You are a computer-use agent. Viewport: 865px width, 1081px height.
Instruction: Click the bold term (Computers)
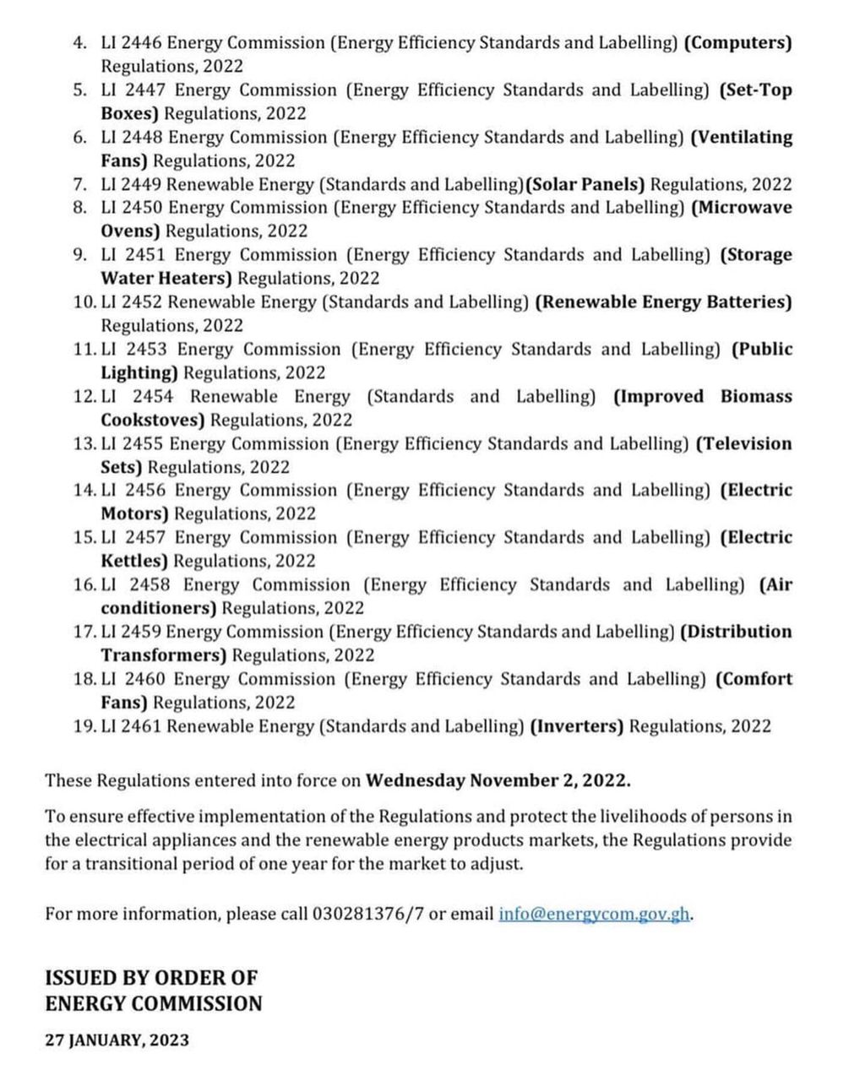(x=737, y=42)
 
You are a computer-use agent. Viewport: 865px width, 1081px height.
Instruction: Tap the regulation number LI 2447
(x=133, y=90)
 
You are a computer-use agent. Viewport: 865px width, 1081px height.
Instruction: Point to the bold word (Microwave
(x=743, y=208)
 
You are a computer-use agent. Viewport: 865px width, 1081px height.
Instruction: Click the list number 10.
(x=85, y=302)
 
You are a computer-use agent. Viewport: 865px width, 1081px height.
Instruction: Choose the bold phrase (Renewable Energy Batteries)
(x=664, y=302)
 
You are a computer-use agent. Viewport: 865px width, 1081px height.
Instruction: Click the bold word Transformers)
(x=164, y=655)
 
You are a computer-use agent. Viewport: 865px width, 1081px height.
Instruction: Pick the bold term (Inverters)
(x=577, y=726)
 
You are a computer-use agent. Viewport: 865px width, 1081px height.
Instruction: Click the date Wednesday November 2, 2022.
(x=498, y=780)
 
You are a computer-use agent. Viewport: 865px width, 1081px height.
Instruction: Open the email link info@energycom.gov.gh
(x=596, y=914)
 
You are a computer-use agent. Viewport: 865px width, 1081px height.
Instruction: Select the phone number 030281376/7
(x=367, y=914)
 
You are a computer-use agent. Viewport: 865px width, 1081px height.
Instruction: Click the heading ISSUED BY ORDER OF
(x=151, y=978)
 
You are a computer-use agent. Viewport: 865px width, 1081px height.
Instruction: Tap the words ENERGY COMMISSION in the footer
(x=154, y=1004)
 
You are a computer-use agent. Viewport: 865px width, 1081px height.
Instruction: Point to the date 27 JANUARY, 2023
(x=117, y=1040)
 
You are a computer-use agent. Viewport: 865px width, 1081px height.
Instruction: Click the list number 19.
(x=85, y=726)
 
